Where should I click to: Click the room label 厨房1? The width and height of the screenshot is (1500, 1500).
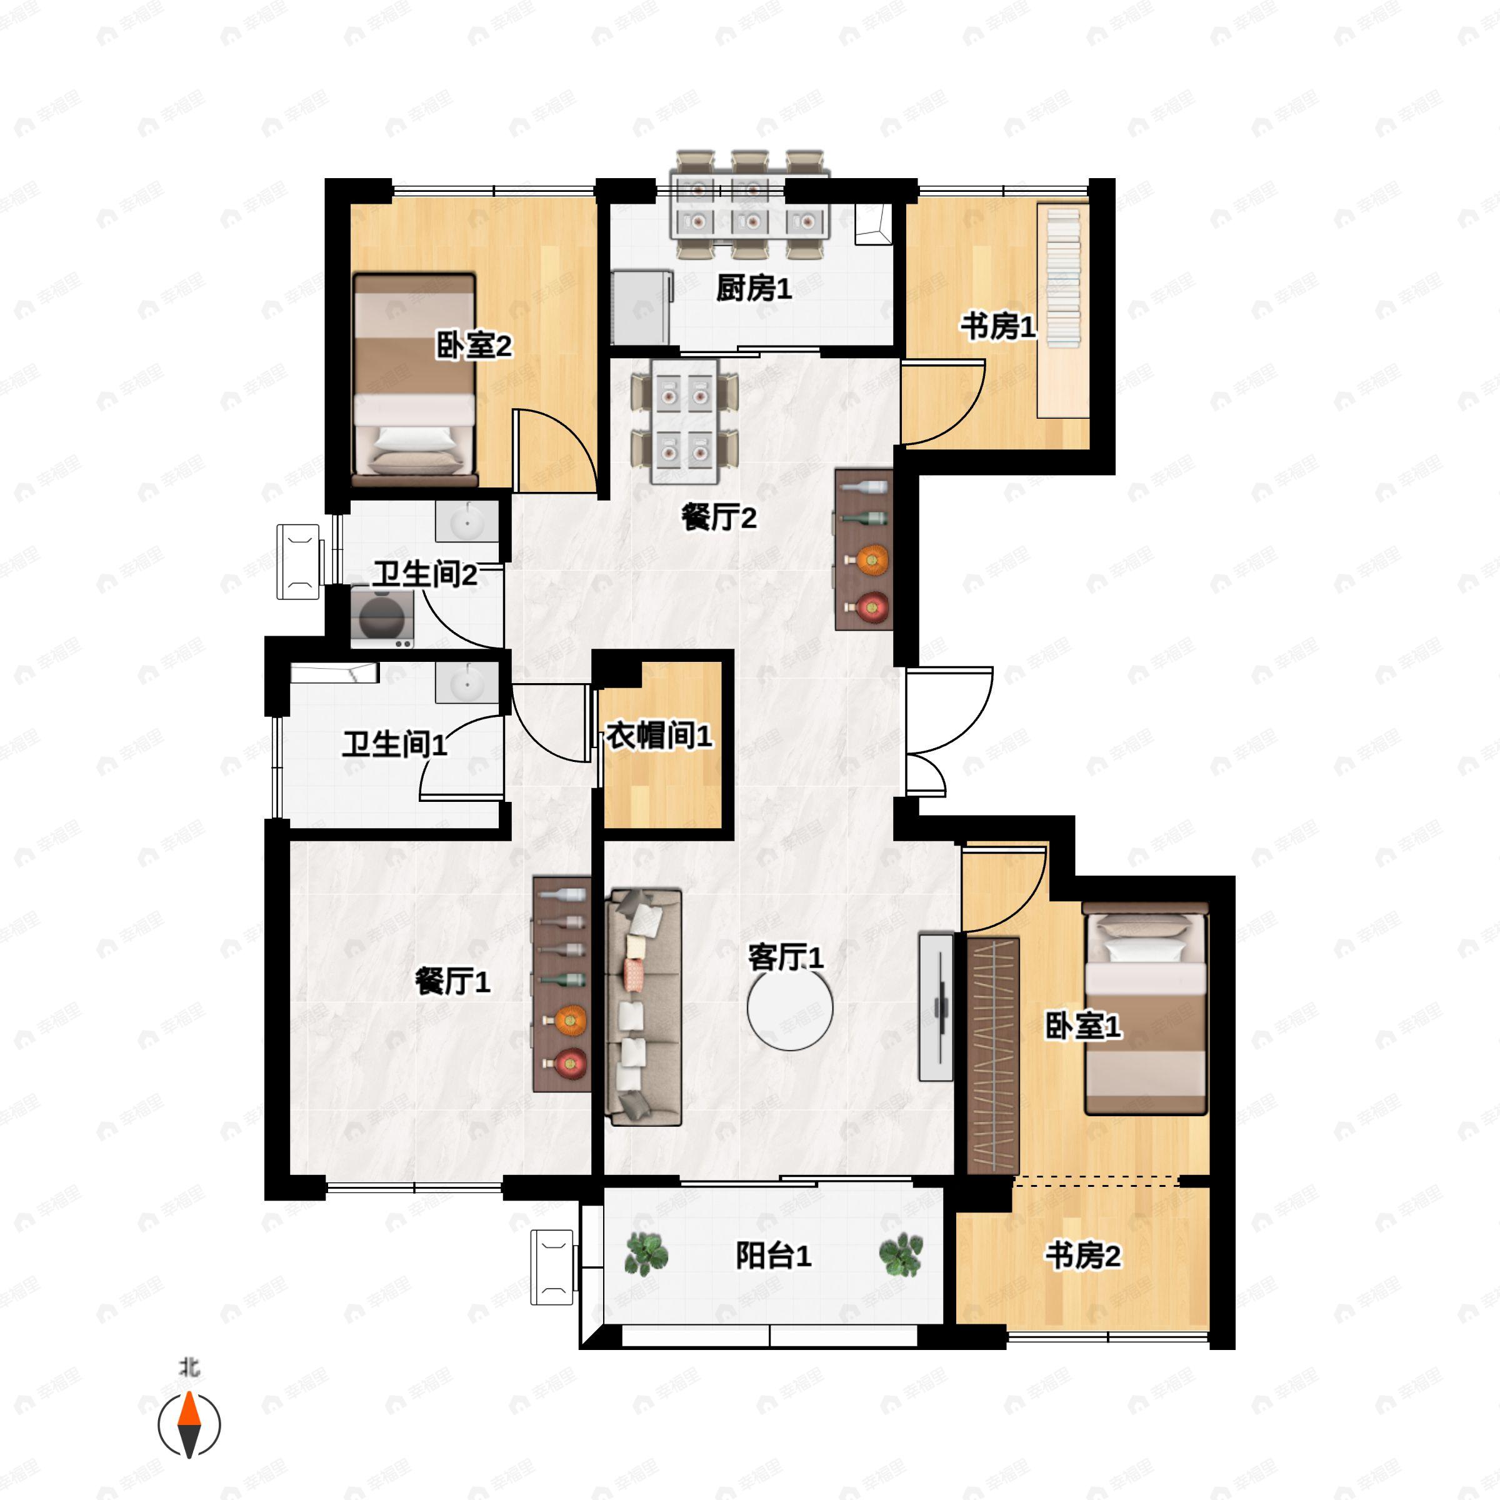coord(753,289)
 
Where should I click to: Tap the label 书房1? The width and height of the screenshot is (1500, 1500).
coord(997,327)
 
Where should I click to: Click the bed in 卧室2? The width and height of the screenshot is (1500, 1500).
coord(414,381)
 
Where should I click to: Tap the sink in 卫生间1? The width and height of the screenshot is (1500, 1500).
coord(467,683)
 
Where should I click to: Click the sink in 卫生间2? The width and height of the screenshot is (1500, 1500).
coord(467,522)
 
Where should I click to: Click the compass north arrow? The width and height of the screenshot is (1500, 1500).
coord(189,1423)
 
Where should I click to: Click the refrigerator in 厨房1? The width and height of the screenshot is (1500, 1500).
coord(641,307)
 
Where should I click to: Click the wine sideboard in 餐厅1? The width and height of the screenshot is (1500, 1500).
coord(562,984)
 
